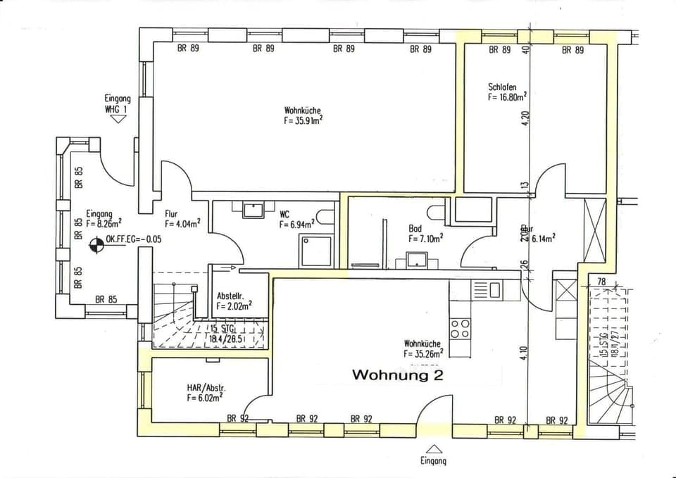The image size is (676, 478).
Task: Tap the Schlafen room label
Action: [x=502, y=87]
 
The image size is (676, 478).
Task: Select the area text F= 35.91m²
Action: [x=303, y=120]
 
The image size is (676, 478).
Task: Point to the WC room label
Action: [x=284, y=214]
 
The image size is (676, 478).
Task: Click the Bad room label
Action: [x=415, y=229]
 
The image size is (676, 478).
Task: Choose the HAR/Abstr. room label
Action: [x=206, y=388]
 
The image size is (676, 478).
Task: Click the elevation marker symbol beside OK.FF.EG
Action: [x=95, y=245]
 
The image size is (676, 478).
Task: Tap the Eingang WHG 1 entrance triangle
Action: [x=117, y=119]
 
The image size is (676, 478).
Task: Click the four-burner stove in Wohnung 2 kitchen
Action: [x=460, y=328]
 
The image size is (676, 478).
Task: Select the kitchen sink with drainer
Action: [x=485, y=289]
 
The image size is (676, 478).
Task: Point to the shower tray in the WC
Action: [x=315, y=251]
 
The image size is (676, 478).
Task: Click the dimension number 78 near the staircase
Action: [x=601, y=282]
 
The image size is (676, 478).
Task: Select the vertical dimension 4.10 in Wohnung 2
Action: [x=525, y=352]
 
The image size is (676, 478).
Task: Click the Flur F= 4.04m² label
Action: [x=182, y=219]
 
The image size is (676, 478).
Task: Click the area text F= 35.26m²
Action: [x=423, y=354]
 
